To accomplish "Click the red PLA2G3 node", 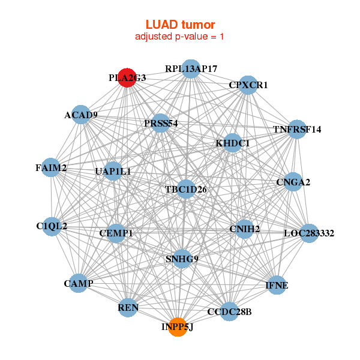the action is click(x=127, y=78).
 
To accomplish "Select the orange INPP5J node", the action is click(x=177, y=327).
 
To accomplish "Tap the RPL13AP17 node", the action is click(x=191, y=68).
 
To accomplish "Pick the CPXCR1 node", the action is click(x=248, y=85).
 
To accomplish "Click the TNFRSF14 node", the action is click(x=297, y=129).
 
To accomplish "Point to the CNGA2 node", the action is click(x=293, y=182).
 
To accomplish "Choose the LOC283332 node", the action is click(x=309, y=233).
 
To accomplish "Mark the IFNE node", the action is click(x=277, y=285).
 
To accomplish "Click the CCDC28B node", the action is click(x=229, y=312).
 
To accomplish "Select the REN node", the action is click(x=128, y=308).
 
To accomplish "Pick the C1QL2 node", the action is click(x=52, y=226).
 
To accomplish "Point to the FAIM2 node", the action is click(x=51, y=168).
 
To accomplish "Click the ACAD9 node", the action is click(x=81, y=115).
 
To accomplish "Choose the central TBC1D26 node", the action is click(x=186, y=190).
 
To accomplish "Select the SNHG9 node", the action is click(x=182, y=259).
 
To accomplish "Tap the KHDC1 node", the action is click(x=233, y=143).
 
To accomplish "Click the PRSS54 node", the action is click(x=161, y=123).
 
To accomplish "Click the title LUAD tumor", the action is click(x=180, y=24).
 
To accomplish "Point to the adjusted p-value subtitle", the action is click(x=180, y=37).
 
